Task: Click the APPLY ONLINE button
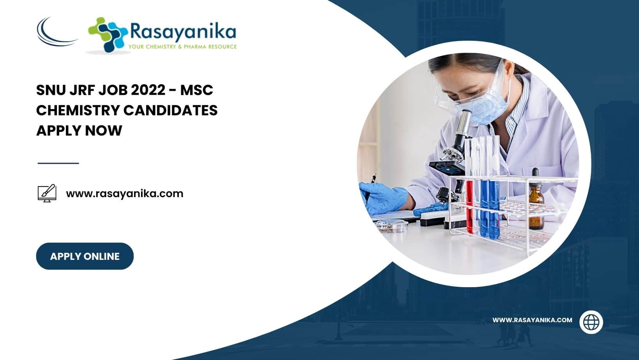pyautogui.click(x=85, y=256)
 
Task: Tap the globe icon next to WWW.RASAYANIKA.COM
pyautogui.click(x=591, y=322)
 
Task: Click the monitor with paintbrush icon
pyautogui.click(x=47, y=193)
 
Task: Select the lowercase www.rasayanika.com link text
pyautogui.click(x=125, y=194)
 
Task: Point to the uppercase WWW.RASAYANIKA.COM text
pyautogui.click(x=532, y=320)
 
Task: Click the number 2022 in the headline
pyautogui.click(x=148, y=90)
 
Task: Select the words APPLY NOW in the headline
pyautogui.click(x=79, y=131)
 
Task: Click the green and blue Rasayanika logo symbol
pyautogui.click(x=108, y=35)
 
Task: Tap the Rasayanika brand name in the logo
pyautogui.click(x=183, y=32)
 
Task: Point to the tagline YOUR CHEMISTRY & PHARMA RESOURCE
pyautogui.click(x=183, y=46)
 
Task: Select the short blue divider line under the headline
pyautogui.click(x=58, y=163)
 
